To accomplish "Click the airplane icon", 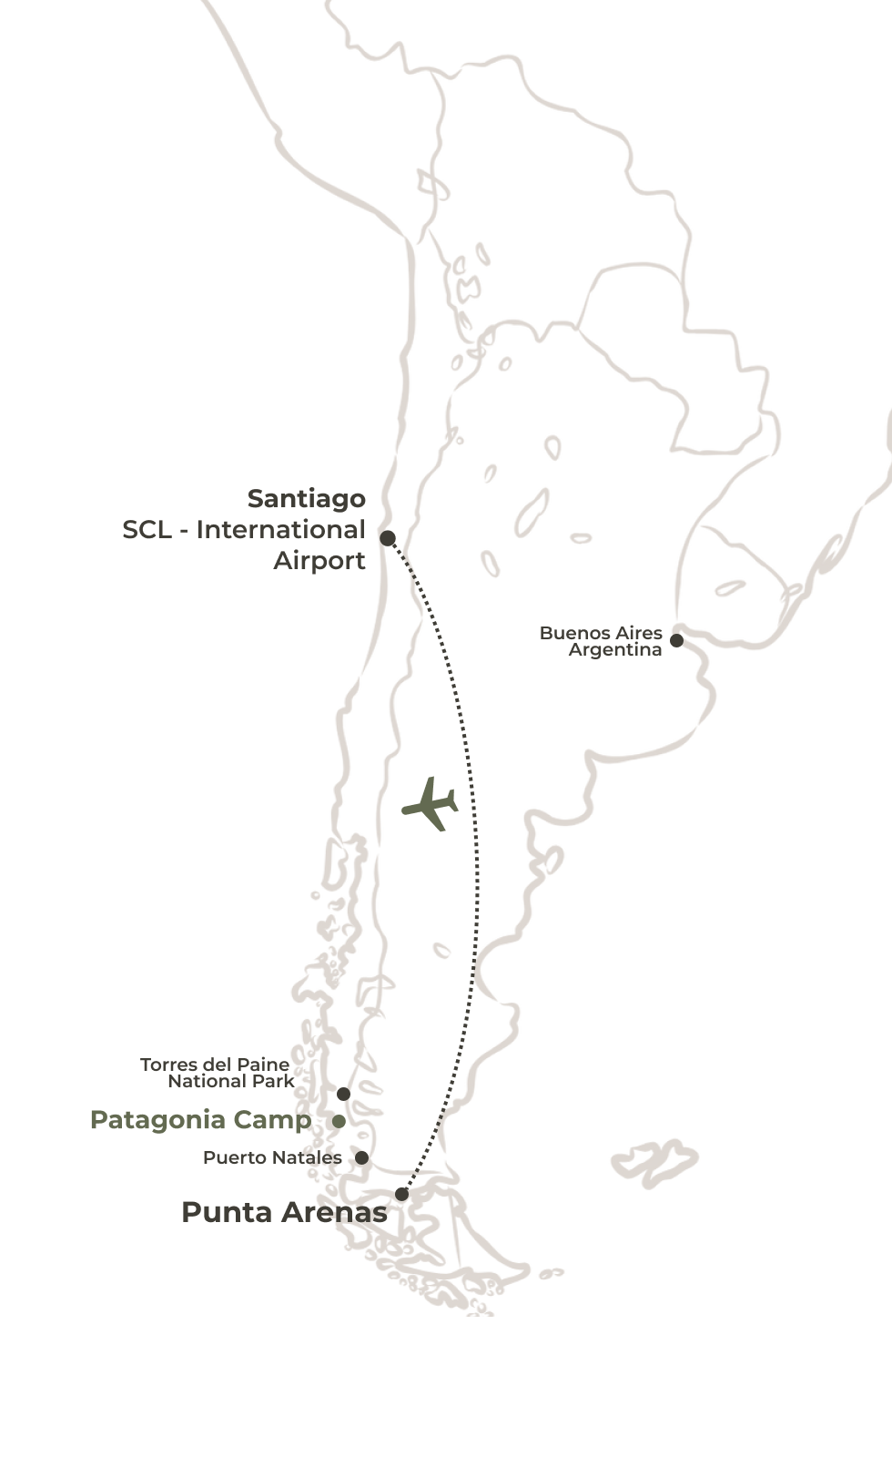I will point(430,803).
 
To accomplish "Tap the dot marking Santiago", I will point(388,538).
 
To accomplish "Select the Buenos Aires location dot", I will point(676,640).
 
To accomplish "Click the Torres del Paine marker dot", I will point(343,1094).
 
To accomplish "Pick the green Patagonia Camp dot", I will point(339,1121).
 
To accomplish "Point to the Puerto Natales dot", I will point(361,1157).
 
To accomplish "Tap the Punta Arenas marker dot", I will point(401,1194).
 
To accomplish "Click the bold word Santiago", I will point(306,498).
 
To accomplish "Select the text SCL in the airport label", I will point(147,529).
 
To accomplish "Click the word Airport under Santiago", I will point(319,560).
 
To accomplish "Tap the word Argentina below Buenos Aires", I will point(614,649).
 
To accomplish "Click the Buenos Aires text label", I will point(601,633).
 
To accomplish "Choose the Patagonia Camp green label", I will point(200,1120).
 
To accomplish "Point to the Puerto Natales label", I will point(272,1157).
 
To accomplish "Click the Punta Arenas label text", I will point(284,1212).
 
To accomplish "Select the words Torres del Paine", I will point(215,1064).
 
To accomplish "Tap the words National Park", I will point(231,1081).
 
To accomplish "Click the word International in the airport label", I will point(280,529).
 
